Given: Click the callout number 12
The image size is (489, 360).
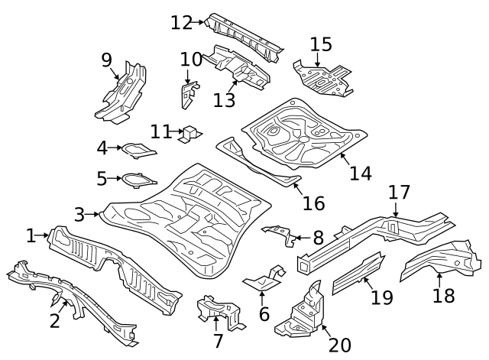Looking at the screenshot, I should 182,22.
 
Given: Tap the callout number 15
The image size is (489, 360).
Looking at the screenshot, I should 321,44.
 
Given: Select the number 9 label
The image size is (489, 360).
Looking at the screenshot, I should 106,60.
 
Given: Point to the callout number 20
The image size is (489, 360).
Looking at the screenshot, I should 339,345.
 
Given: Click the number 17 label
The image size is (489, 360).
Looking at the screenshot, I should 399,191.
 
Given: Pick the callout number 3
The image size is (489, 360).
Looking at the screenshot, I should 79,215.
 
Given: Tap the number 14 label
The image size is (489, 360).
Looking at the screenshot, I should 361,173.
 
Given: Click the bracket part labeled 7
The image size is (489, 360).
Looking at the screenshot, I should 218,312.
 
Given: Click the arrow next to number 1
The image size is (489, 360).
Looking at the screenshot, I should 44,236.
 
